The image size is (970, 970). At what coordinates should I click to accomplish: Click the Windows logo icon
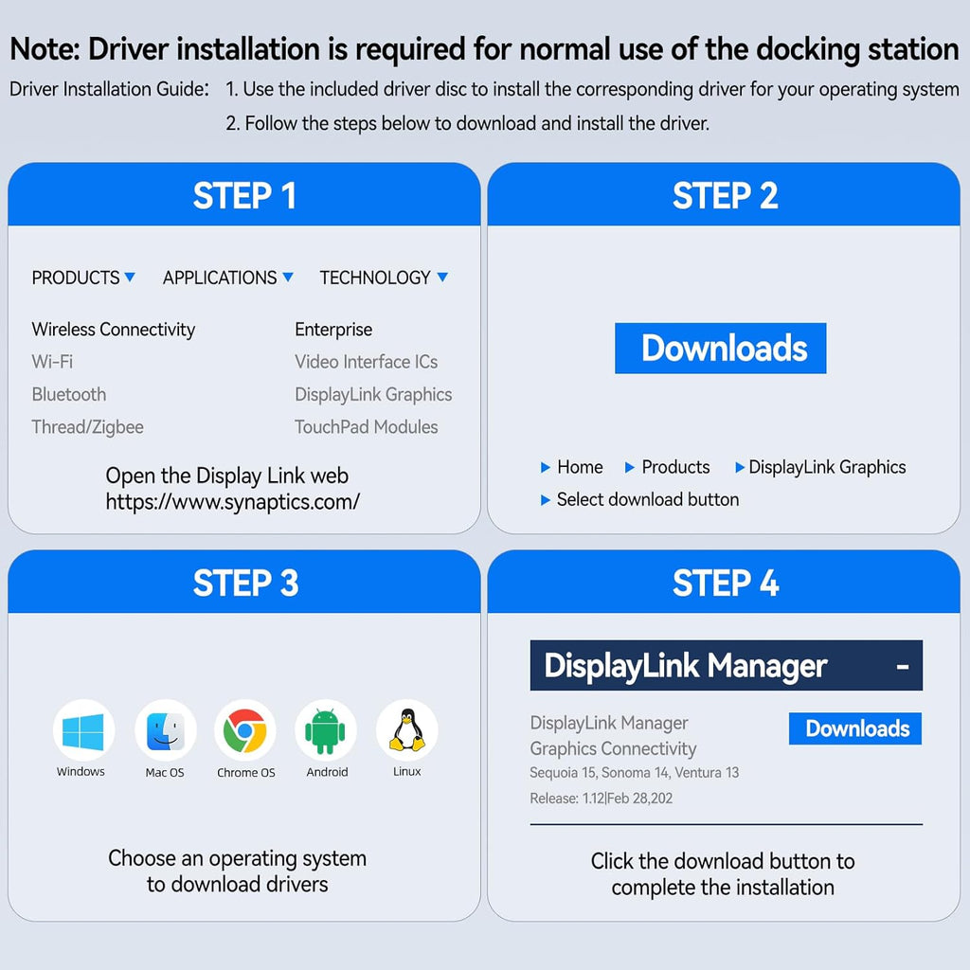coord(83,730)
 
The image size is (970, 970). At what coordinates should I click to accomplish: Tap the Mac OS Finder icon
coord(165,730)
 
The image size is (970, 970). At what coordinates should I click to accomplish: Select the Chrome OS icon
coord(245,730)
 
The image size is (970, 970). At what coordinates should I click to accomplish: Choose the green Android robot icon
coord(326,730)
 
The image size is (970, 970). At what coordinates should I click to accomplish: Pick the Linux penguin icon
coord(407,730)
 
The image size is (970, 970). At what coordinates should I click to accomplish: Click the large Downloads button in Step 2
coord(720,349)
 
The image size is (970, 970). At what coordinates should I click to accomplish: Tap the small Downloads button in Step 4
coord(855,728)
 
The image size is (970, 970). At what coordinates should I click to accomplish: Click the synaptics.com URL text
coord(232,502)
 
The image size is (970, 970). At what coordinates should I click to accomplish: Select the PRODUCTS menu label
coord(76,278)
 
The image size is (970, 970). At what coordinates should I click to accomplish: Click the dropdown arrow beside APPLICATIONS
coord(288,277)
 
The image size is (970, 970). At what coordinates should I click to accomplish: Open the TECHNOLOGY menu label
coord(375,278)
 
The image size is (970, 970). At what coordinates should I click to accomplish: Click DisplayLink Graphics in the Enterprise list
coord(373,395)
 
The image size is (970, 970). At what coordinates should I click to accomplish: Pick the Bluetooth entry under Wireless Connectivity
coord(68,394)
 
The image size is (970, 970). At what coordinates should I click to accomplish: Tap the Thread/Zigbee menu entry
coord(87,427)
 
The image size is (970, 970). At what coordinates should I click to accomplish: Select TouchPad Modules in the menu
coord(367,427)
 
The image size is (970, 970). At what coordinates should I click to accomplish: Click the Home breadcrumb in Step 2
coord(580,467)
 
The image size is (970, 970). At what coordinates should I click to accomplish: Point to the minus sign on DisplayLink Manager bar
coord(903,667)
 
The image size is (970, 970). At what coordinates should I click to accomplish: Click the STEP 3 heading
coord(245,583)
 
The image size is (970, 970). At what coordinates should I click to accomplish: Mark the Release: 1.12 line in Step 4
coord(601,798)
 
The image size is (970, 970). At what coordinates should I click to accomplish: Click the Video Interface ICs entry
coord(367,362)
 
